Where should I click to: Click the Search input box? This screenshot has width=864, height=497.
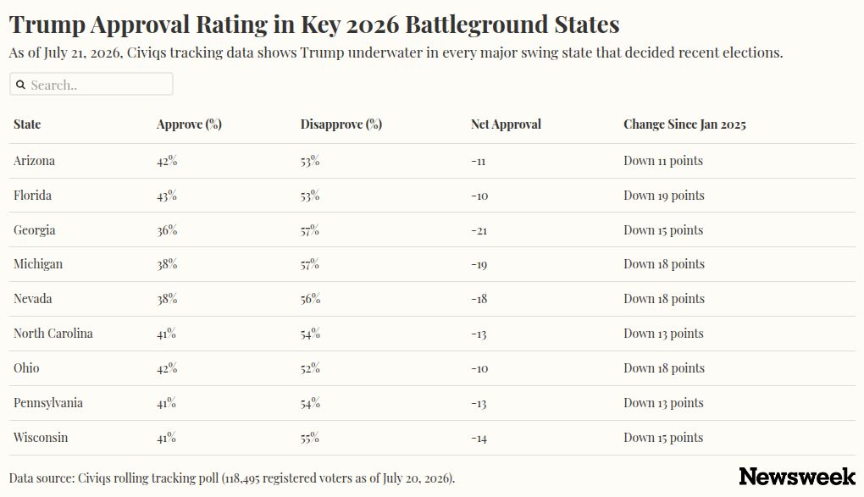click(91, 85)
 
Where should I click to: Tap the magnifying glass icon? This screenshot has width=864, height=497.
click(21, 85)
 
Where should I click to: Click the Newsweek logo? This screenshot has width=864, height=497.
click(797, 477)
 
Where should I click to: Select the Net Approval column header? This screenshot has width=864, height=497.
click(506, 124)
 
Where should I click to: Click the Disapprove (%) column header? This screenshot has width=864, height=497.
click(341, 124)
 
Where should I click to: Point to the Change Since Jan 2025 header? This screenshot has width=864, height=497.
click(684, 124)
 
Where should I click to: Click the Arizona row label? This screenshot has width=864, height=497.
click(34, 161)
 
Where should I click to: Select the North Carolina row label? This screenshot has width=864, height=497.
click(53, 334)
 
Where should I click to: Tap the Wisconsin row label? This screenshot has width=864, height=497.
click(41, 438)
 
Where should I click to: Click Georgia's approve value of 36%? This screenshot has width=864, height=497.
click(167, 230)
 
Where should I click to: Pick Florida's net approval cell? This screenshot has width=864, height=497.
click(479, 196)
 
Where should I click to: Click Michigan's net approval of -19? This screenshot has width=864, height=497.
click(479, 265)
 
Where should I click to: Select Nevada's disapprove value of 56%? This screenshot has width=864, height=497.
click(310, 299)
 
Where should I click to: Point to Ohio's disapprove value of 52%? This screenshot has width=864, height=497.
click(310, 368)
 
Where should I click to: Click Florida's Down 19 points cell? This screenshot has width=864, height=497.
click(664, 196)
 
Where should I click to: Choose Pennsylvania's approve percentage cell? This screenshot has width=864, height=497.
click(166, 403)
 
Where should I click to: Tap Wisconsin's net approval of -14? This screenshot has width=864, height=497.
click(479, 439)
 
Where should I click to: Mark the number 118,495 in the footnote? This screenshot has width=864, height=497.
click(242, 478)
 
